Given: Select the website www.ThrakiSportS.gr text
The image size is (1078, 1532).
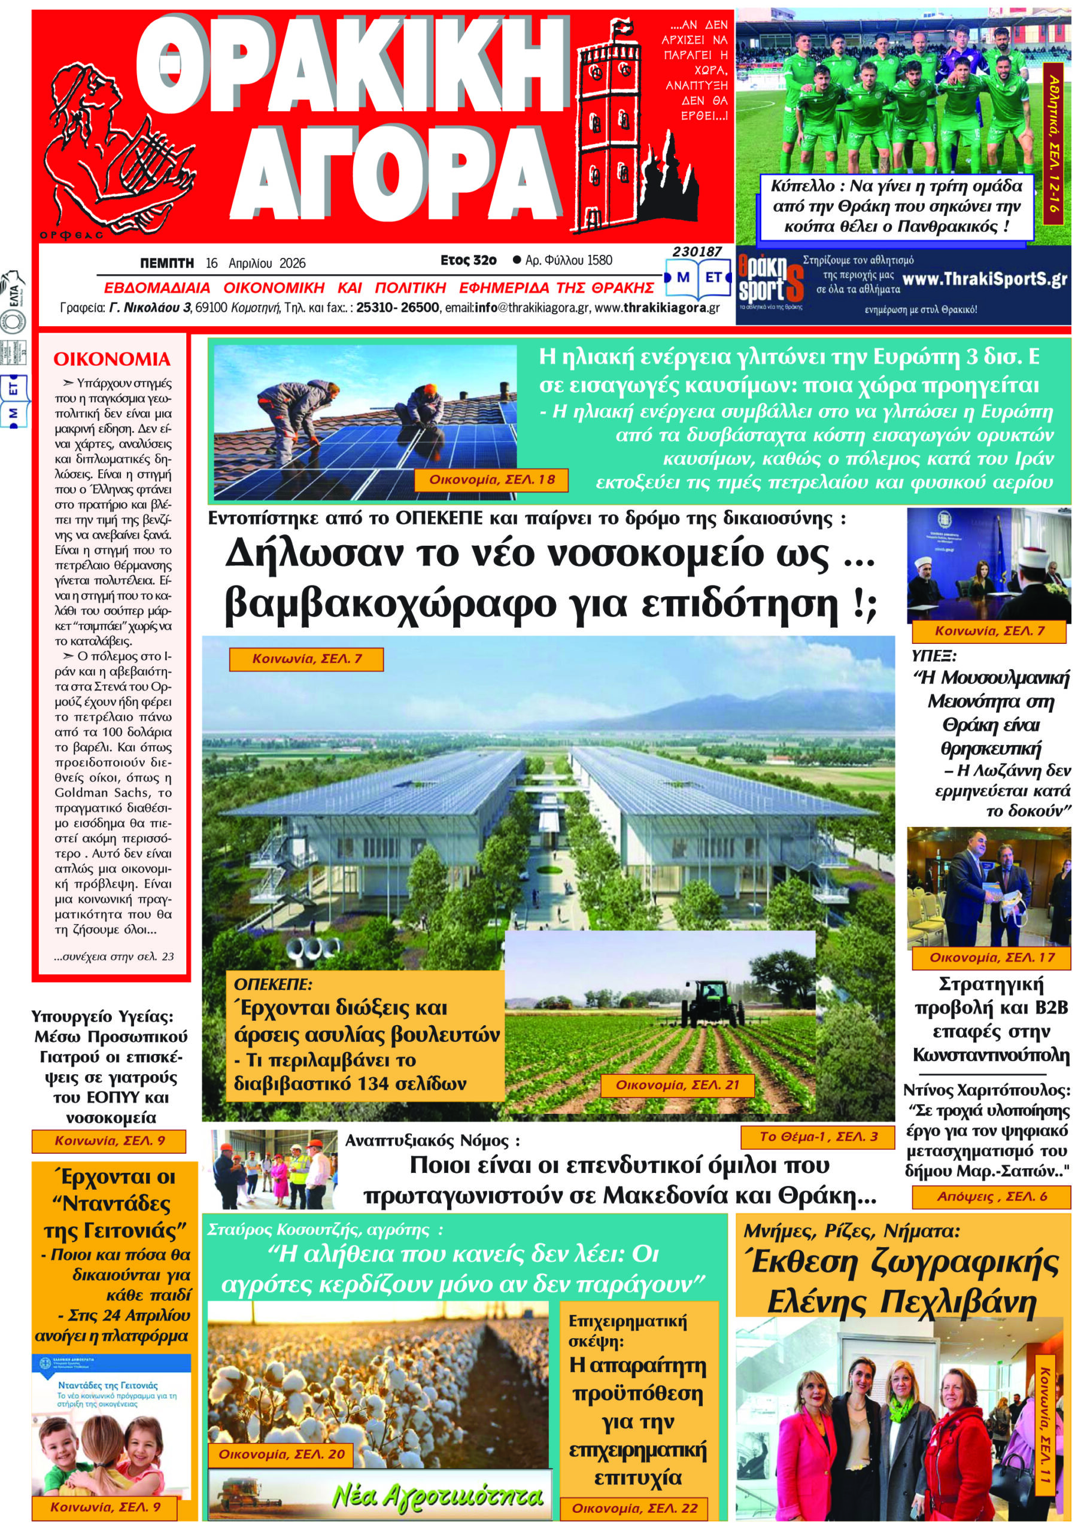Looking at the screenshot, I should click(984, 279).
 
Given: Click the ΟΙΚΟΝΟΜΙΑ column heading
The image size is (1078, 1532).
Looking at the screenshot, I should click(111, 359).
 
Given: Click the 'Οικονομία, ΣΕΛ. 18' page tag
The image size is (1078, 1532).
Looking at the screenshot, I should click(491, 480).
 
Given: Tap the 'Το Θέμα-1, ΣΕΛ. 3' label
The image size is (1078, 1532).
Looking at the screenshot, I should click(818, 1136).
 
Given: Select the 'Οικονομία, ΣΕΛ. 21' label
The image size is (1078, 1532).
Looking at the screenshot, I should click(677, 1085).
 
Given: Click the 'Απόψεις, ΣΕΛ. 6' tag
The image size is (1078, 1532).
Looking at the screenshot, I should click(991, 1196).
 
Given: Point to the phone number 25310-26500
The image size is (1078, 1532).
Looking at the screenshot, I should click(397, 308).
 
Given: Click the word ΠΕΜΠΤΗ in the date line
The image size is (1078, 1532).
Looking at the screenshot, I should click(166, 263).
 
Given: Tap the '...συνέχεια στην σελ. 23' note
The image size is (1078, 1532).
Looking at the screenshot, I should click(114, 956).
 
